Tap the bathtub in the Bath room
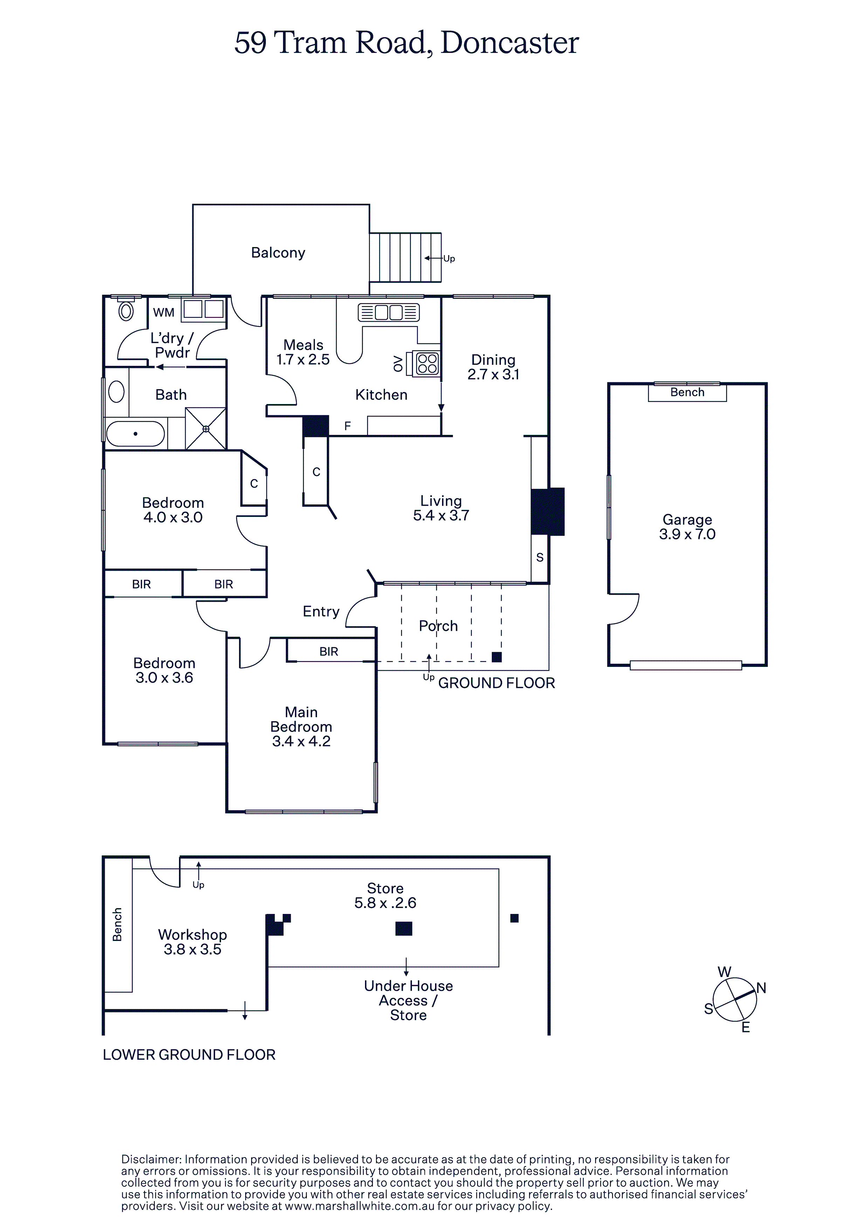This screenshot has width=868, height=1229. (x=136, y=433)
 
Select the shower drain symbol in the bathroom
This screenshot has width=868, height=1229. (x=206, y=429)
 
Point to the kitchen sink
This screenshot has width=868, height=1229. (x=388, y=312)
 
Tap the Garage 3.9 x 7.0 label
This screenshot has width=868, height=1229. (x=687, y=527)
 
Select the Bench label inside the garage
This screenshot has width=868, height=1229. (x=687, y=392)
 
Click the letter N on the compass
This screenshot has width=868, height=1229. (x=761, y=988)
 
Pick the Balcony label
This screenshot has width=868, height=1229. (x=278, y=253)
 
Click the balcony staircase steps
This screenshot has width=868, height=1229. (x=405, y=258)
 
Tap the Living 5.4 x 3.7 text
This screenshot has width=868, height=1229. (x=441, y=508)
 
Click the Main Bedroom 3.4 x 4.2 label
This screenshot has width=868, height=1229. (x=301, y=726)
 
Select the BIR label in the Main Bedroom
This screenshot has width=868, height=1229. (x=329, y=651)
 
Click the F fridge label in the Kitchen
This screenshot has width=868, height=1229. (x=347, y=426)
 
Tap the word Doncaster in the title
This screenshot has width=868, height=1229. (x=509, y=43)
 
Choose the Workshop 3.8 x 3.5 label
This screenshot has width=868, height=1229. (x=193, y=942)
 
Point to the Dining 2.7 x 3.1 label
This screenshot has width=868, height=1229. (x=493, y=367)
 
